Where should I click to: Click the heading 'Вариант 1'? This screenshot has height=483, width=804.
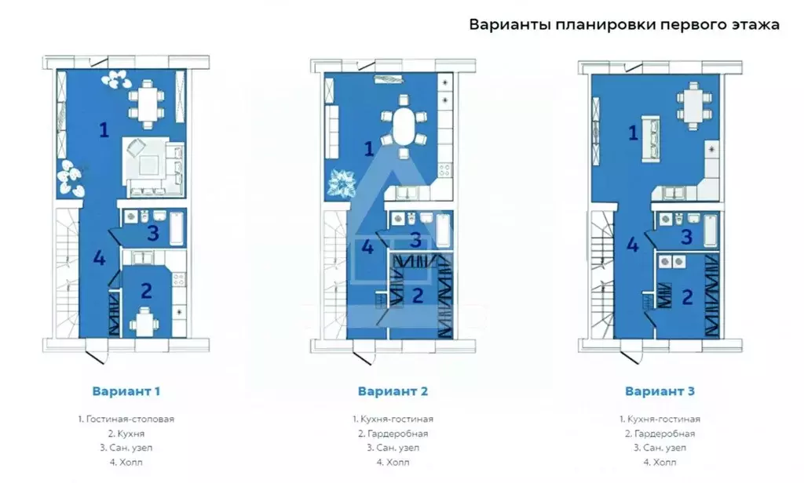[126, 390]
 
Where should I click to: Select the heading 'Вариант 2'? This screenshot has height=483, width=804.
[393, 390]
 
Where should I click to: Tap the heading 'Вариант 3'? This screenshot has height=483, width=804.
[660, 390]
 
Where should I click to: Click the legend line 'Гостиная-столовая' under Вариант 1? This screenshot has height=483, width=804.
[126, 419]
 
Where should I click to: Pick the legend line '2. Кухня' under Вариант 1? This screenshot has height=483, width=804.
[126, 433]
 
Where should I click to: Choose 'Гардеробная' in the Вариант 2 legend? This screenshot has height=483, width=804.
[393, 433]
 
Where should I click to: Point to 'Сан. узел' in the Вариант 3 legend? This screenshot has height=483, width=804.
[660, 448]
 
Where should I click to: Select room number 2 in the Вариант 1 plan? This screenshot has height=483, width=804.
[146, 291]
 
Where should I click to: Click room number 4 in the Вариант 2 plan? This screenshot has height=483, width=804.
[367, 247]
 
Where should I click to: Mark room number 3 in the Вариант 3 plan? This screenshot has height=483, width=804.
[685, 236]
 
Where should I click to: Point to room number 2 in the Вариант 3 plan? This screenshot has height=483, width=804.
[687, 296]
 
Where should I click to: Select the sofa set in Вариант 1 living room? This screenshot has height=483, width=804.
[152, 165]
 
